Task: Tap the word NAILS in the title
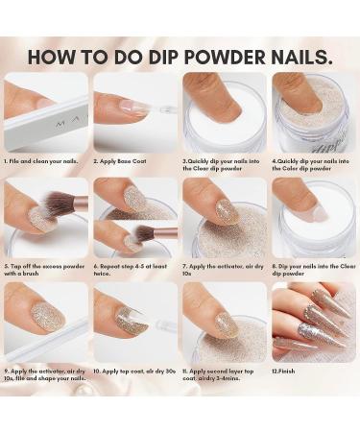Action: point(301,54)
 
